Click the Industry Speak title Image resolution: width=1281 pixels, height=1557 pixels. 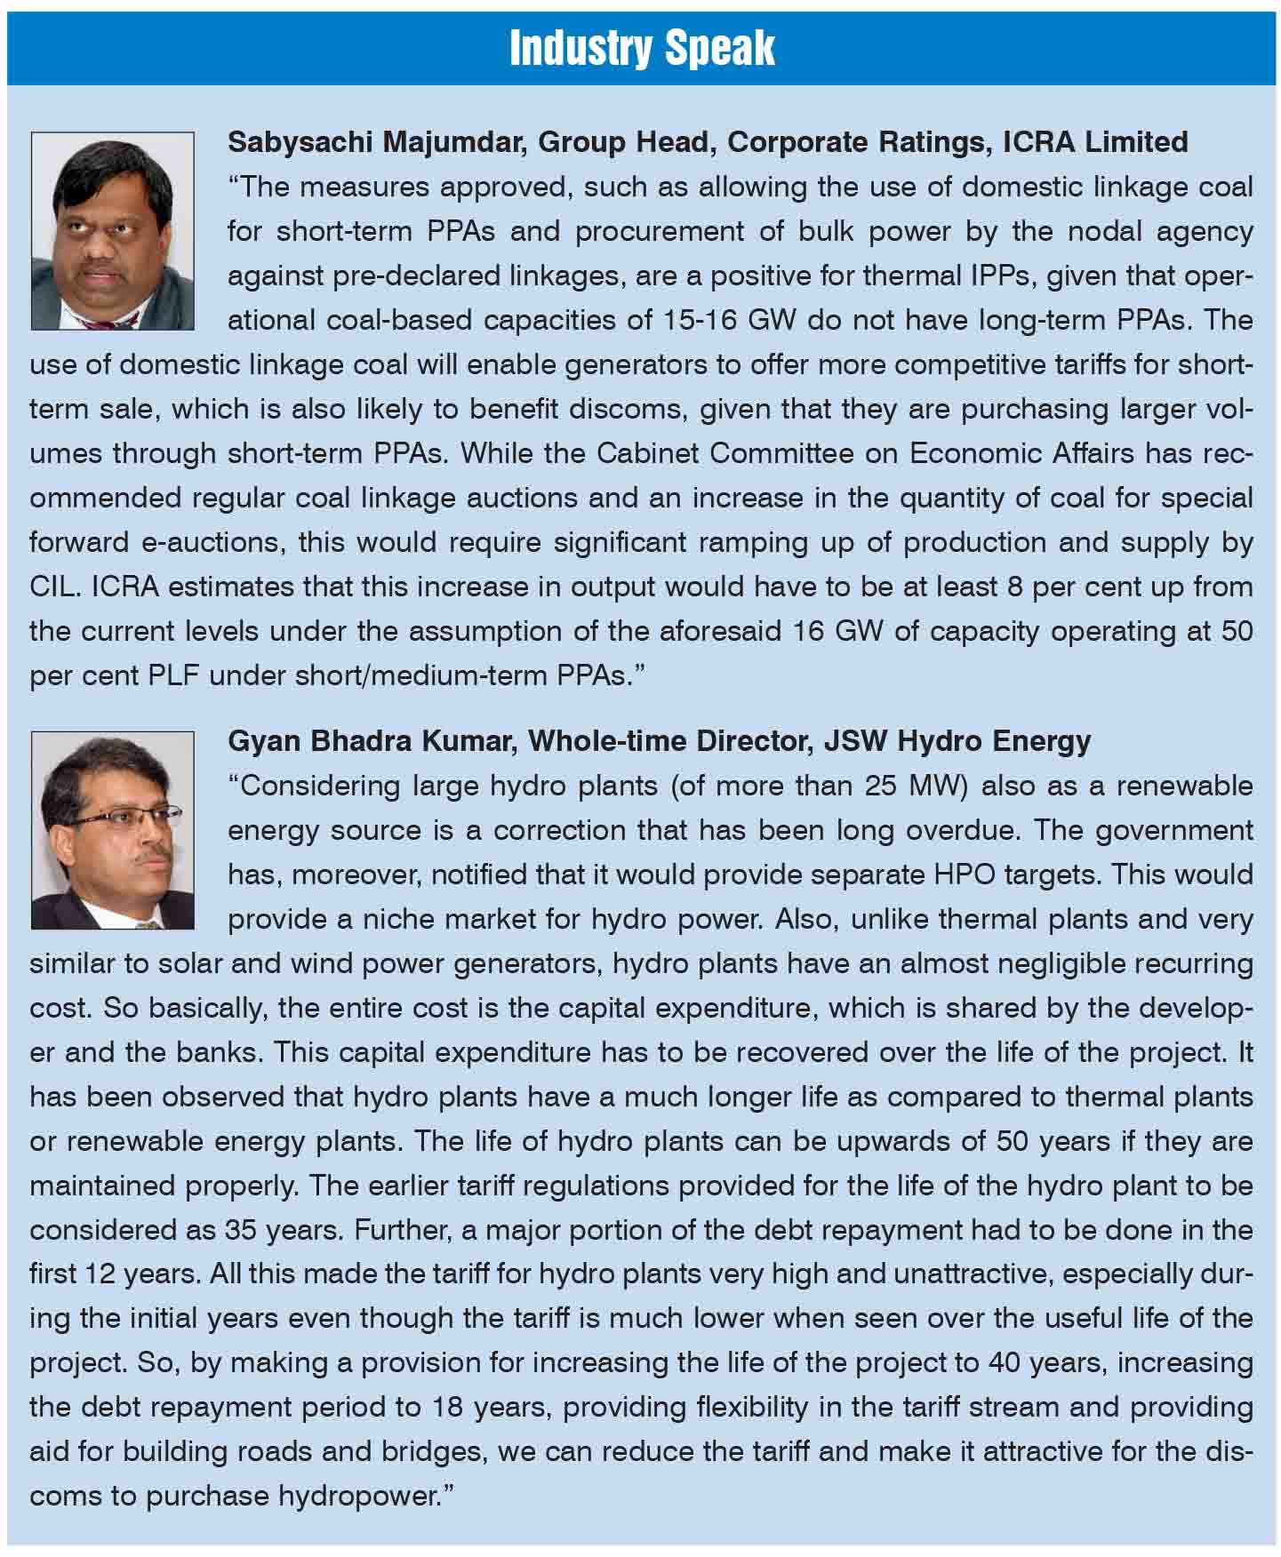click(x=642, y=49)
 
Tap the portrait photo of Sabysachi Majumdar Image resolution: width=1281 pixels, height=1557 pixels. click(x=112, y=231)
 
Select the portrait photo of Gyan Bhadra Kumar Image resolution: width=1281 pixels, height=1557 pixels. click(x=112, y=830)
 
